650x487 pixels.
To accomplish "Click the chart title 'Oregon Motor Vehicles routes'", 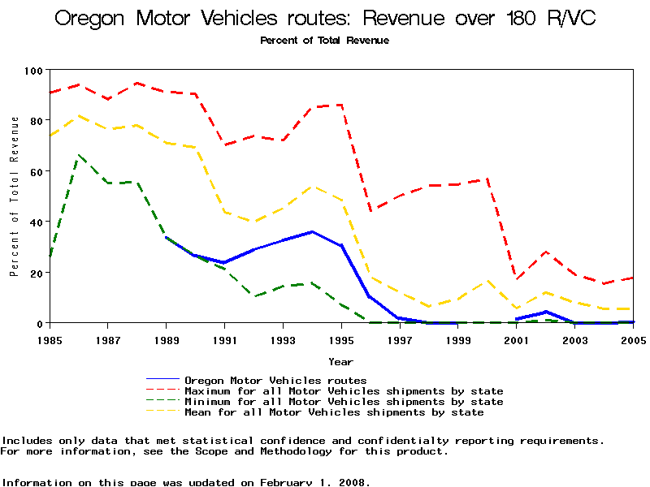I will (x=325, y=18).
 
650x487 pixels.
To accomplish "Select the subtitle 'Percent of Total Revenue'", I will (x=324, y=41).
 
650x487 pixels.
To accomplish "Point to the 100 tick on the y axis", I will (x=33, y=71).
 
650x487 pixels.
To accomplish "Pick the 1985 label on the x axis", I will (x=50, y=339).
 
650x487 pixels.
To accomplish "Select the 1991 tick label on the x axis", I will (x=225, y=339).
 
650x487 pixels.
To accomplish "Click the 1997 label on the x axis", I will (x=400, y=339).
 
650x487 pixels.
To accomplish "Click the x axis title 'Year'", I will (x=340, y=361).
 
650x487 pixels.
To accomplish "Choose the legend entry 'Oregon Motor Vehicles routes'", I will (x=275, y=381).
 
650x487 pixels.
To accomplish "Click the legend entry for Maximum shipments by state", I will (x=344, y=391).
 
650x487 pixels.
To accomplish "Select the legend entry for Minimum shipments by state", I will (x=344, y=402).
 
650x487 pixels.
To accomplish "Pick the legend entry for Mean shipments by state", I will (x=334, y=412).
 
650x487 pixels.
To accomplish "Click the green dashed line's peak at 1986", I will (x=79, y=154).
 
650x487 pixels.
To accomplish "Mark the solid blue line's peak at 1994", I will (x=312, y=232).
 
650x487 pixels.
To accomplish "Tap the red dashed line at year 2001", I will (x=517, y=278).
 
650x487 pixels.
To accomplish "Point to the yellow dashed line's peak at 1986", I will (x=79, y=115).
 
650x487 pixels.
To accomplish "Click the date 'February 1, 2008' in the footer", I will (x=314, y=482).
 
